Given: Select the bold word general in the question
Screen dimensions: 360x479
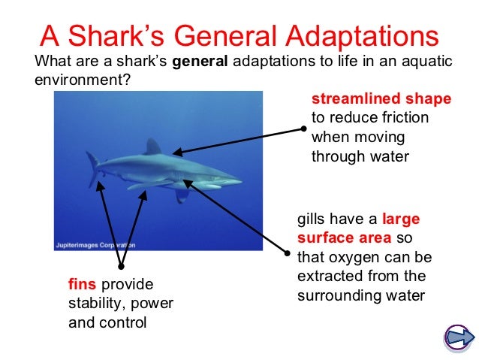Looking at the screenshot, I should point(200,62).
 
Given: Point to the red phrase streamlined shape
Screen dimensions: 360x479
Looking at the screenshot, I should point(381,99).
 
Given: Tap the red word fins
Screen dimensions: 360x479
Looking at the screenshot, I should point(82,285).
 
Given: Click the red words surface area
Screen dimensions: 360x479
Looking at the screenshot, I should point(345,238).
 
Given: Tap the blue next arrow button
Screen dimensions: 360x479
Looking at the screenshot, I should point(457,336).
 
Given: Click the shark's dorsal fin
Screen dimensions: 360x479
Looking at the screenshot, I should point(153,147).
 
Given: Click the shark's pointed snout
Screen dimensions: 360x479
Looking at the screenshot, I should point(239,181).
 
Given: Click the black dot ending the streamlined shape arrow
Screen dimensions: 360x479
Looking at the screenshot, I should point(303,128).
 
